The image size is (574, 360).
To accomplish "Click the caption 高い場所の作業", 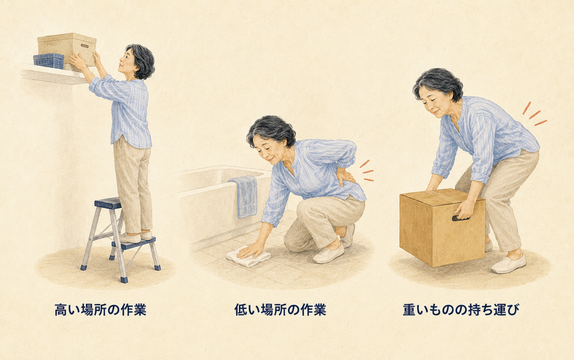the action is click(x=100, y=310).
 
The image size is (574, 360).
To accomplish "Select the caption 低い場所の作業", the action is click(x=280, y=310).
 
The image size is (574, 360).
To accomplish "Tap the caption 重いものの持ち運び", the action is click(x=461, y=310).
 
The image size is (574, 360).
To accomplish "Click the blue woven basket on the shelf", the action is click(x=49, y=61).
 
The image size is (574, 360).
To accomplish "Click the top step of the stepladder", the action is click(x=108, y=203).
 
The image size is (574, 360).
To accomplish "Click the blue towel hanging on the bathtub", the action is click(x=244, y=196).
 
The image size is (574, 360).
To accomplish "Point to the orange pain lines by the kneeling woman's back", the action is click(x=366, y=171).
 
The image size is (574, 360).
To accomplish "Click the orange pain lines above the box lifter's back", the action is click(x=534, y=114).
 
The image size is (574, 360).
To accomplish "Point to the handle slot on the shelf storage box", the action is click(x=85, y=46).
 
